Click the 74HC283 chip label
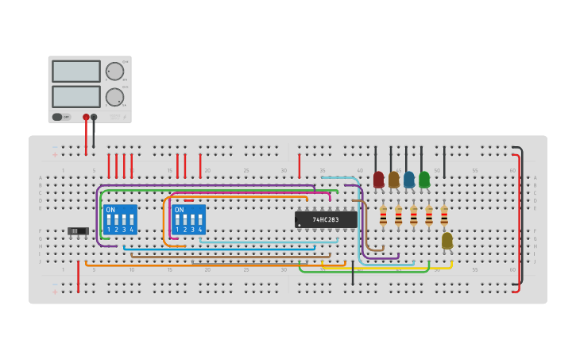[x=326, y=219]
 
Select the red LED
[x=378, y=180]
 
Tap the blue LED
[x=408, y=180]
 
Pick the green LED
[x=424, y=180]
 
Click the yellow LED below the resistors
[x=447, y=240]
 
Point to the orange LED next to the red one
[x=393, y=180]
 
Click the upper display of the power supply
[x=76, y=71]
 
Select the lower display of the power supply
[x=76, y=96]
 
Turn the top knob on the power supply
[x=115, y=72]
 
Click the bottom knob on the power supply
[x=115, y=97]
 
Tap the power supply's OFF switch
[x=58, y=117]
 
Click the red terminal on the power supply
[x=86, y=117]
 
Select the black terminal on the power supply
[x=94, y=117]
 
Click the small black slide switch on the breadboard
[x=78, y=231]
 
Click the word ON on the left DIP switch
[x=110, y=210]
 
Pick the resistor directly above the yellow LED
[x=444, y=215]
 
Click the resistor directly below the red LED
[x=383, y=215]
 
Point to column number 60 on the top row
[x=512, y=170]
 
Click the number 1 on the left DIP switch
[x=109, y=230]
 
